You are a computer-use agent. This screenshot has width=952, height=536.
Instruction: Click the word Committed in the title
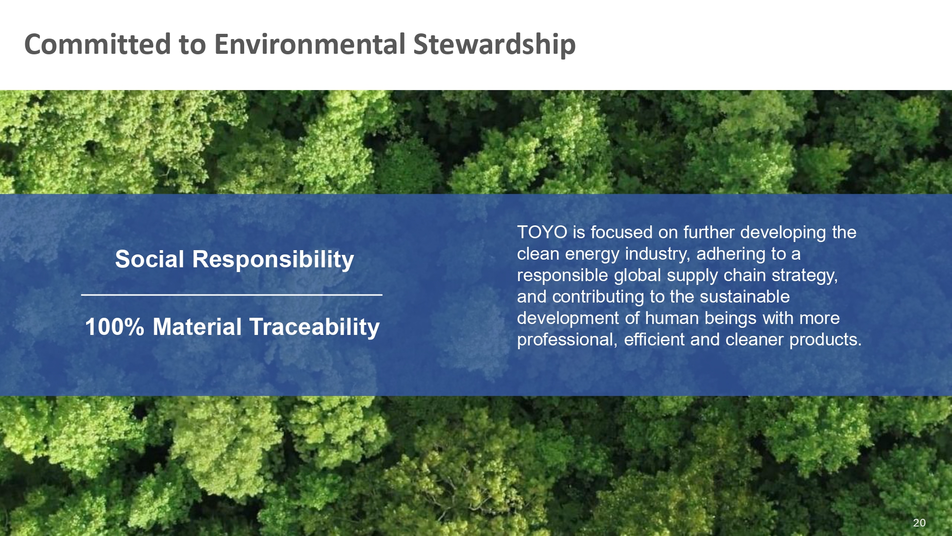[x=98, y=44]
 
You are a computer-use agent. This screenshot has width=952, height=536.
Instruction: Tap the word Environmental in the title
[x=310, y=44]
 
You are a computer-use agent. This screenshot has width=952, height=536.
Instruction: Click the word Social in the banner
[x=149, y=259]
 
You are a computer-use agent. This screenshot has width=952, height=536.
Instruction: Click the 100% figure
[x=114, y=327]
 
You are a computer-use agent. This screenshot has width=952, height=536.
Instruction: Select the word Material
[x=198, y=327]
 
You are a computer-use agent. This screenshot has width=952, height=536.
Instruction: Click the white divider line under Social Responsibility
[x=232, y=295]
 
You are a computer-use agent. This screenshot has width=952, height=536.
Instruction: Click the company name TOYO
[x=542, y=233]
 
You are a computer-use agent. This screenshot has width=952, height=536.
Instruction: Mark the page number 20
[x=919, y=523]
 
